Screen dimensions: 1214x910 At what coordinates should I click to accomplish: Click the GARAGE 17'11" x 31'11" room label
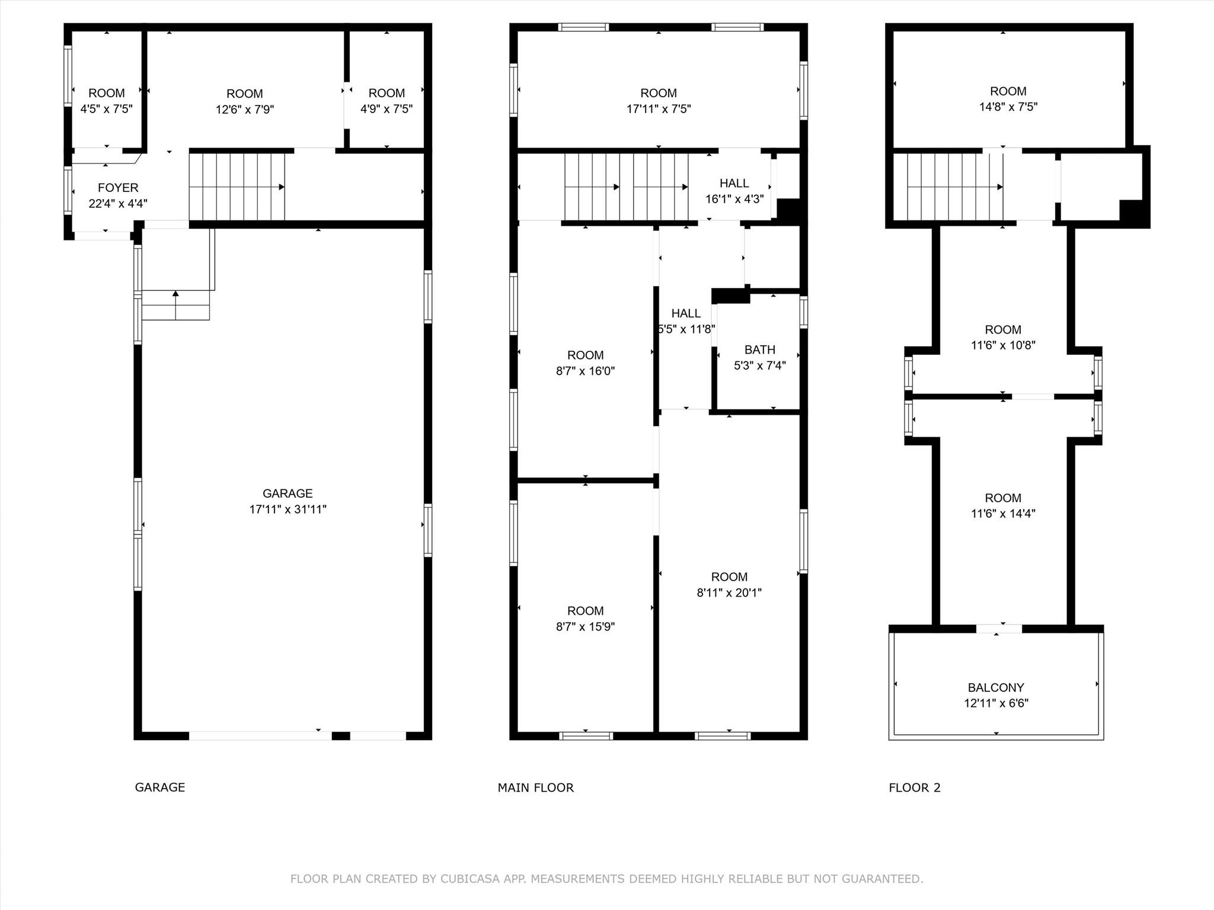tap(287, 501)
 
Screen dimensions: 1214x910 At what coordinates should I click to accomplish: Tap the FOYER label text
tap(118, 188)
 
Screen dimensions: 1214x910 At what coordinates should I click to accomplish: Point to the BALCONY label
tap(996, 688)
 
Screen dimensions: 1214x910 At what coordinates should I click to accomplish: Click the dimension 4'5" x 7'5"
tap(107, 109)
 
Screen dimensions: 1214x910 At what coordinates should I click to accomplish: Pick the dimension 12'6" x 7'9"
tap(245, 110)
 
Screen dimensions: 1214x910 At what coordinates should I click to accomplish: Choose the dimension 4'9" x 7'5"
tap(386, 109)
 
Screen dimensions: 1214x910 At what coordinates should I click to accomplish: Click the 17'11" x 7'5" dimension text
tap(659, 109)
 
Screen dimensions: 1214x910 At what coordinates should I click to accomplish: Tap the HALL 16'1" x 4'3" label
tap(734, 191)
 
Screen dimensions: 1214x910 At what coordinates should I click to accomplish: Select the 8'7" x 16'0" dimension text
tap(586, 371)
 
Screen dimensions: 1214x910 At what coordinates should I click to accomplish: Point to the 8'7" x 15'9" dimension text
tap(586, 627)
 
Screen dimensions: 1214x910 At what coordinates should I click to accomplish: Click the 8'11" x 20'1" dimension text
tap(729, 592)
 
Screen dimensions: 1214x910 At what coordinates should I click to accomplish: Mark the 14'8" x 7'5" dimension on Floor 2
tap(1008, 107)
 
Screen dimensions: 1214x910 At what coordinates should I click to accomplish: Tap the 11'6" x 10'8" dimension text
tap(1003, 345)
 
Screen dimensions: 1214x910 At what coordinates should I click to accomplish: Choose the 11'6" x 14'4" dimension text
tap(1003, 514)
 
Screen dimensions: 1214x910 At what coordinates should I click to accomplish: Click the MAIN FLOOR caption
tap(536, 788)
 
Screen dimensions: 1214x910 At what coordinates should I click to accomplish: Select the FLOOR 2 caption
tap(915, 788)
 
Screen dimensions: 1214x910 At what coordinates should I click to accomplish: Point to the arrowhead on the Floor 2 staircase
tap(999, 187)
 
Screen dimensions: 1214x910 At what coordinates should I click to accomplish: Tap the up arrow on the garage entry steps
tap(175, 293)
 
